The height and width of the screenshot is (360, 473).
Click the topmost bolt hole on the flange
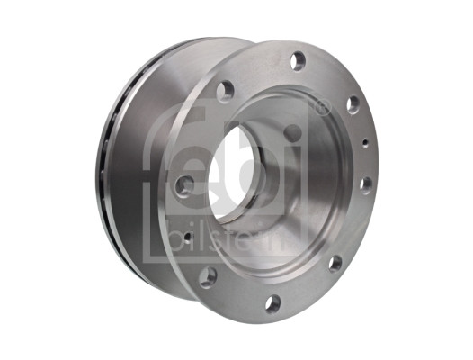[298, 61]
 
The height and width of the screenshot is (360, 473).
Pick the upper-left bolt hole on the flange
[225, 91]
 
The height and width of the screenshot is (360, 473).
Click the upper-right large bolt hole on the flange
[353, 104]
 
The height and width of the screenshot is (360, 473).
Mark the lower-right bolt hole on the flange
[335, 264]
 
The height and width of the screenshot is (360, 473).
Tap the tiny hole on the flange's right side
[368, 141]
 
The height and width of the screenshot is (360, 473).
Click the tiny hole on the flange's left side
[186, 238]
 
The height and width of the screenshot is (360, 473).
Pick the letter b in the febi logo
[261, 162]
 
